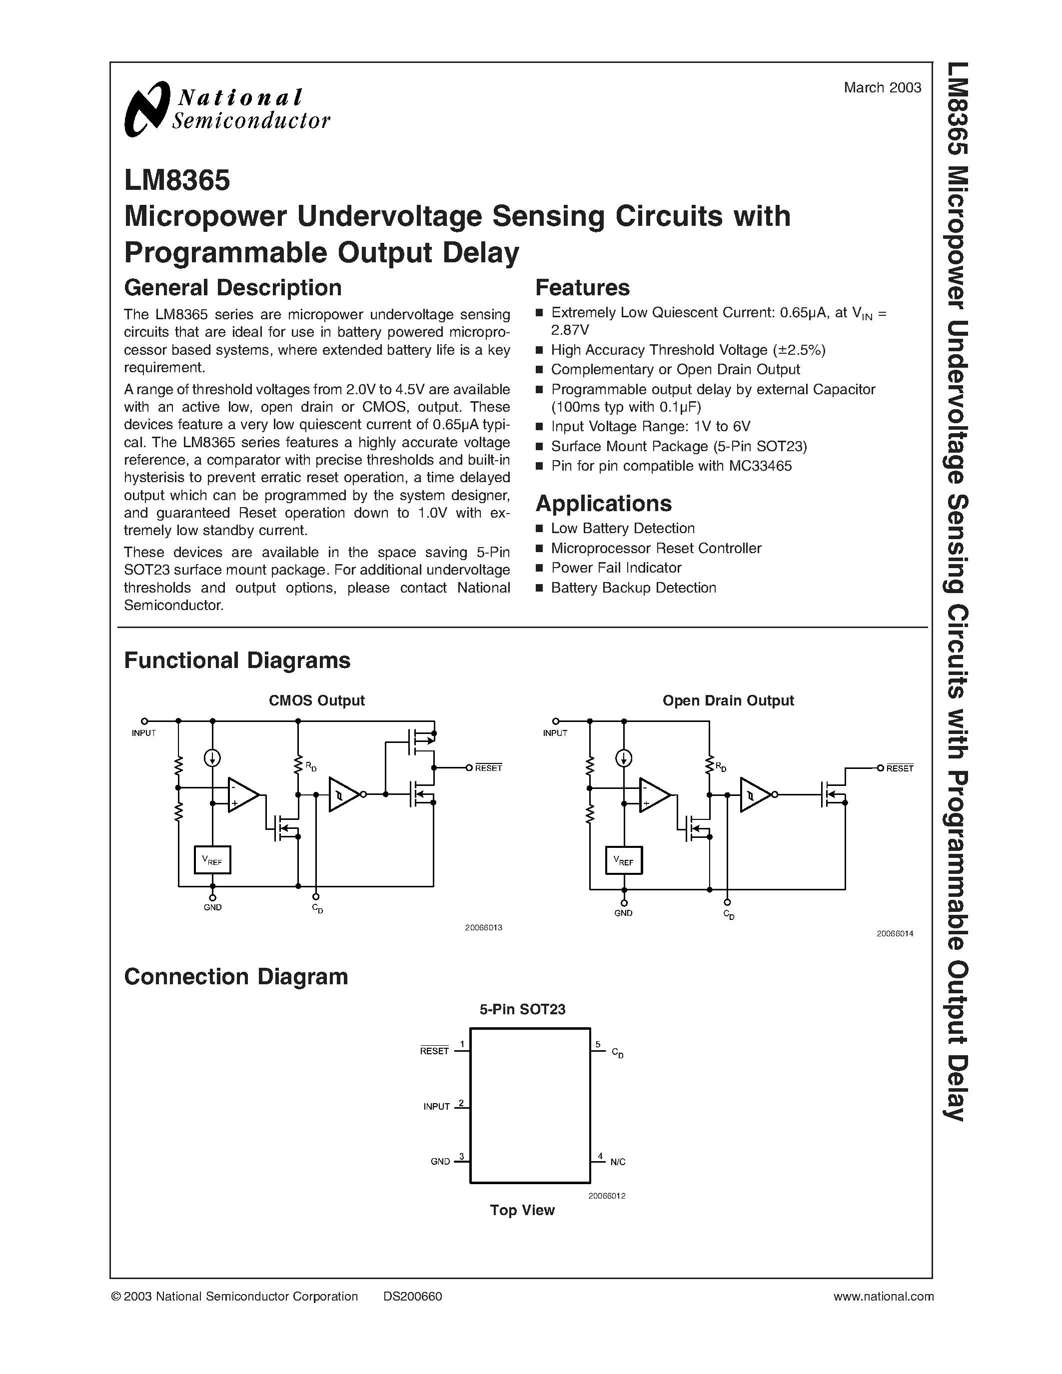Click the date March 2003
(x=882, y=88)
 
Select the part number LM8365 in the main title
(x=177, y=180)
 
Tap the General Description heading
(x=233, y=287)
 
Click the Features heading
(x=582, y=287)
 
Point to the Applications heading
(x=603, y=503)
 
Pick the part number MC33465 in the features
(x=760, y=466)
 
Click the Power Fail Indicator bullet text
(x=616, y=568)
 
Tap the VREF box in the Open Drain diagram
(x=624, y=861)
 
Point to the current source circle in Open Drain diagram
(x=624, y=758)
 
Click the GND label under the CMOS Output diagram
(x=213, y=907)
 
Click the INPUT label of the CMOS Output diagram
(x=143, y=733)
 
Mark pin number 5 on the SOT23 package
(x=598, y=1045)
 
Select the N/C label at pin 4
(x=618, y=1162)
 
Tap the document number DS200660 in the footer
(x=412, y=1296)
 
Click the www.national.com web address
(x=883, y=1296)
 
